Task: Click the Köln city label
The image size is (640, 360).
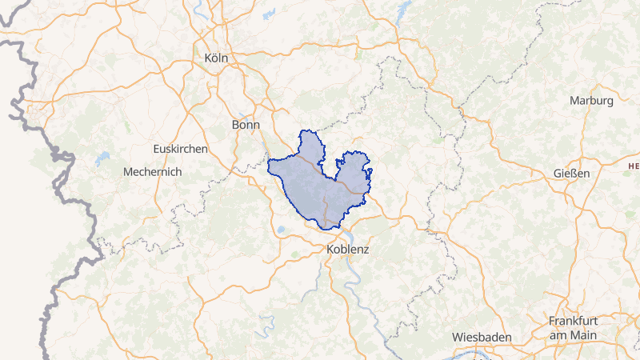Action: coord(216,58)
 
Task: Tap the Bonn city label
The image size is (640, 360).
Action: coord(246,125)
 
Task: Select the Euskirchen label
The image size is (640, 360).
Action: coord(181,149)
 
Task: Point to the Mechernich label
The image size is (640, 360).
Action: coord(153,172)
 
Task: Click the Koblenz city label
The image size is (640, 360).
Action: coord(348,250)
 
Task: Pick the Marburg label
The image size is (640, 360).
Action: coord(591,101)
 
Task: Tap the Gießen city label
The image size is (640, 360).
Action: coord(571,174)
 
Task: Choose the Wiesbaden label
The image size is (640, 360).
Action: coord(482,337)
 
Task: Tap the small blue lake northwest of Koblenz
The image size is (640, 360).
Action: coord(282,232)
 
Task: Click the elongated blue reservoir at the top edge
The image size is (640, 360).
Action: coord(403,9)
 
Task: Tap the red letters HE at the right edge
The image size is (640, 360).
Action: coord(634,166)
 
